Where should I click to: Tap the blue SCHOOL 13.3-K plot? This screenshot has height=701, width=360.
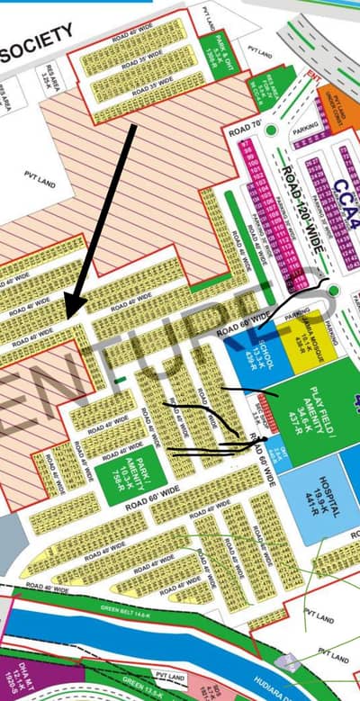point(249,360)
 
